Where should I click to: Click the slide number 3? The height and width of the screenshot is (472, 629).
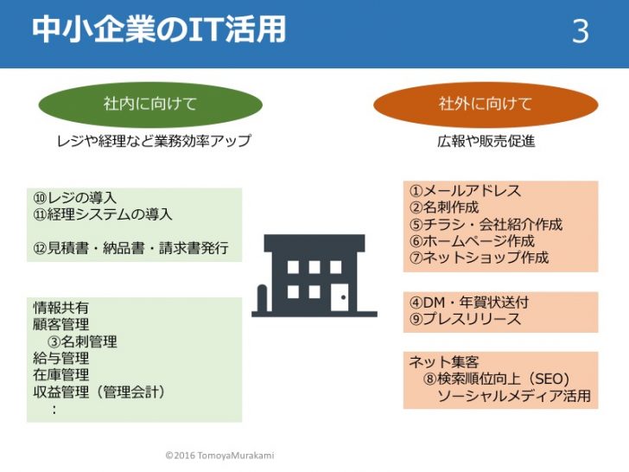pos(580,31)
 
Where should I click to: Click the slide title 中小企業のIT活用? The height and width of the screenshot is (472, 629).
pos(158,29)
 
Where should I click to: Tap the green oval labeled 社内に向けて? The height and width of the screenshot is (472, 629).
pos(150,104)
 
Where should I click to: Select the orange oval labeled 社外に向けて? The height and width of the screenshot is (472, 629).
pos(486,104)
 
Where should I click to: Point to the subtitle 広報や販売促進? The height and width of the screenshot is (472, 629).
pos(486,141)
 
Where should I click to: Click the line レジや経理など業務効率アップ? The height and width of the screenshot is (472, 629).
pos(154,141)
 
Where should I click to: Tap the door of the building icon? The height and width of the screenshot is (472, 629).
pos(339,297)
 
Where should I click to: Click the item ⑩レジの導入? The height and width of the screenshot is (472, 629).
pos(74,197)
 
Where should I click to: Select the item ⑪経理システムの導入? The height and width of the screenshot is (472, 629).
pos(103,214)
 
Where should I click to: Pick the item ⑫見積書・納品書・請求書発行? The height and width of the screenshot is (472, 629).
pos(130,247)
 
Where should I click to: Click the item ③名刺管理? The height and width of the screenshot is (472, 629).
pos(82,341)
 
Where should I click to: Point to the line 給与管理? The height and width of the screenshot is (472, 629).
pos(61,358)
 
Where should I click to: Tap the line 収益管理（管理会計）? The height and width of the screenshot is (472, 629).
pos(99,392)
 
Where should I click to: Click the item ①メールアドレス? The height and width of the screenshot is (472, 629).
pos(465,190)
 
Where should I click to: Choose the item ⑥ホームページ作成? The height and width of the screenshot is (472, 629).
pos(472,240)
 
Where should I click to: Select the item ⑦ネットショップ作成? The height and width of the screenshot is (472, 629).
pos(479,258)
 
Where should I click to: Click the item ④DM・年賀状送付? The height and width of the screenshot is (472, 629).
pos(468,302)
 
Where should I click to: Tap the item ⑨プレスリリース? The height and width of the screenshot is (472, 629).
pos(465,319)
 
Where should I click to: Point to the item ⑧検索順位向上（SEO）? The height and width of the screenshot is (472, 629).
pos(496,379)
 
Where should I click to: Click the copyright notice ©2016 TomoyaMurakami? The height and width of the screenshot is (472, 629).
pos(219,455)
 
